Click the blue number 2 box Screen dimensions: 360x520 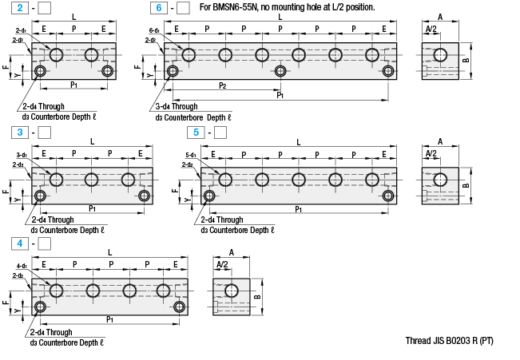point(20,8)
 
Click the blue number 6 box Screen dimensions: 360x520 point(159,8)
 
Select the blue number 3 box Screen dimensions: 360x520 point(20,132)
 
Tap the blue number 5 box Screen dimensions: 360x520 point(193,132)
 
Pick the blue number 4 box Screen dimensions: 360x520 point(20,243)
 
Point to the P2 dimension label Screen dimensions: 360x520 point(222,85)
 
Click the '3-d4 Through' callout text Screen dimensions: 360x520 point(177,106)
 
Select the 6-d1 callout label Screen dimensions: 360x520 point(154,30)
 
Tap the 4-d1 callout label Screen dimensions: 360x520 point(22,266)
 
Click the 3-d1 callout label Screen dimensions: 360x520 point(22,155)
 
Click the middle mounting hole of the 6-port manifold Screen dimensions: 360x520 point(280,71)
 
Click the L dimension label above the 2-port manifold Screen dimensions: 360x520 point(74,17)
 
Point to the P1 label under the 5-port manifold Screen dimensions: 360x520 point(298,209)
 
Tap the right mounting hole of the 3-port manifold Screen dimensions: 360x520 point(144,196)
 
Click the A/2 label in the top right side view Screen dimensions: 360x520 point(431,29)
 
